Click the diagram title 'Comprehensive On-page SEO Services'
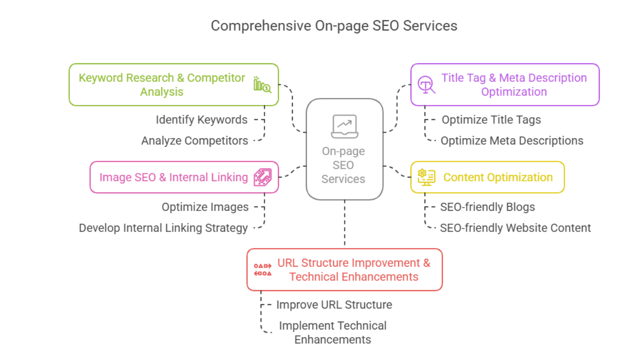(x=334, y=25)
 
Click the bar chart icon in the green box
(x=262, y=85)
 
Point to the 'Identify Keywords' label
(x=201, y=120)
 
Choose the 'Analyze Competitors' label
(x=194, y=141)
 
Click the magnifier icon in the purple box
(x=426, y=85)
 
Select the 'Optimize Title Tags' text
(x=491, y=120)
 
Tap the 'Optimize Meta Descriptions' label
(x=512, y=141)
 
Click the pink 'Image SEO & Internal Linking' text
(x=173, y=177)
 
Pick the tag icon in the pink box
(x=262, y=177)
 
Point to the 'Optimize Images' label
(x=205, y=207)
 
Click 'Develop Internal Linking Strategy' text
(x=163, y=228)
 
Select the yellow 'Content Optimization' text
(x=498, y=177)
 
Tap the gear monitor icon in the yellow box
(x=426, y=177)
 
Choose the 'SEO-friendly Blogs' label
(x=487, y=207)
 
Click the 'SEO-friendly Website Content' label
(x=515, y=228)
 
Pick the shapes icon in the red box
(x=262, y=270)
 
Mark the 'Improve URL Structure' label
(x=334, y=305)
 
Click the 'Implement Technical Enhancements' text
(x=333, y=332)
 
